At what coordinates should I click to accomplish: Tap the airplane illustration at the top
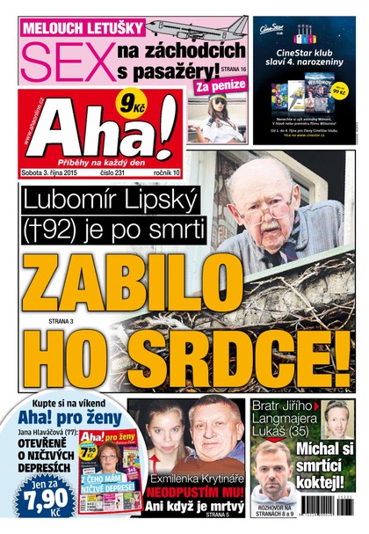coord(197,26)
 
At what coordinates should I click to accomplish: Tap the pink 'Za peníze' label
coord(214,87)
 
